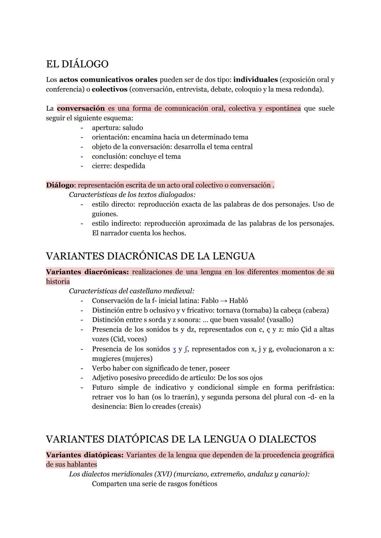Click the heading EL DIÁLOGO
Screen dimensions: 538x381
click(77, 64)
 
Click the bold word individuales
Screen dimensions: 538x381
click(255, 80)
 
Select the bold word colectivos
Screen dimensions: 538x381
click(109, 89)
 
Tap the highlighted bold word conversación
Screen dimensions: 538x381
click(81, 108)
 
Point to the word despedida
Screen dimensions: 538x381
click(129, 166)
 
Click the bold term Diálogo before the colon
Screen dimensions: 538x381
click(60, 185)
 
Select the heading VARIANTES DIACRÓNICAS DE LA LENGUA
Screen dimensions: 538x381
click(150, 256)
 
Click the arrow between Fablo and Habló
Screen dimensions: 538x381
click(224, 301)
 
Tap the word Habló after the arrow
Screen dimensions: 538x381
click(238, 301)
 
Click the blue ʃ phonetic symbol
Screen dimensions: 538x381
click(186, 350)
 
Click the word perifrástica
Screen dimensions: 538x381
click(315, 387)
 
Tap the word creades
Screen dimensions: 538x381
click(163, 406)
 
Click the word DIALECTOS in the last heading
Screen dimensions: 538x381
click(287, 439)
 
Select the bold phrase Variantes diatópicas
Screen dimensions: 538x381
click(84, 455)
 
